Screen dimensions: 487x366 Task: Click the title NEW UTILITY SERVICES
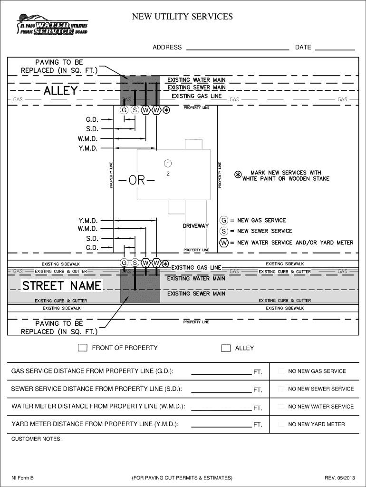[183, 17]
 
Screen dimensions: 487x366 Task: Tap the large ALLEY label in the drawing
[60, 91]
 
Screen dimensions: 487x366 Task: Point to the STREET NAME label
[62, 286]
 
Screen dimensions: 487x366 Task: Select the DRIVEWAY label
[196, 226]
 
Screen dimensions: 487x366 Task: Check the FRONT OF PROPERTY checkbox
[83, 348]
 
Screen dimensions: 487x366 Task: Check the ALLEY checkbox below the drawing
[226, 348]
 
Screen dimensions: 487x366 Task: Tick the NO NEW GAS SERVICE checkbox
[281, 371]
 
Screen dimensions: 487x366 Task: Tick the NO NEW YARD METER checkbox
[281, 424]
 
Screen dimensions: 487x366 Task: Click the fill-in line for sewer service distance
[221, 391]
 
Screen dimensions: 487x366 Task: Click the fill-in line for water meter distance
[221, 409]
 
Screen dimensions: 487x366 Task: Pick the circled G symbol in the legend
[223, 220]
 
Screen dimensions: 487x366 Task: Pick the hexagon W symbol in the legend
[223, 243]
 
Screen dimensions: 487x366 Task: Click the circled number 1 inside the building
[168, 164]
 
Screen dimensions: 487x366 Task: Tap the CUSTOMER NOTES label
[36, 439]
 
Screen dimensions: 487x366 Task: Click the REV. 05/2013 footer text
[339, 477]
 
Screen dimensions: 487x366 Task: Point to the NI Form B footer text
[22, 477]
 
